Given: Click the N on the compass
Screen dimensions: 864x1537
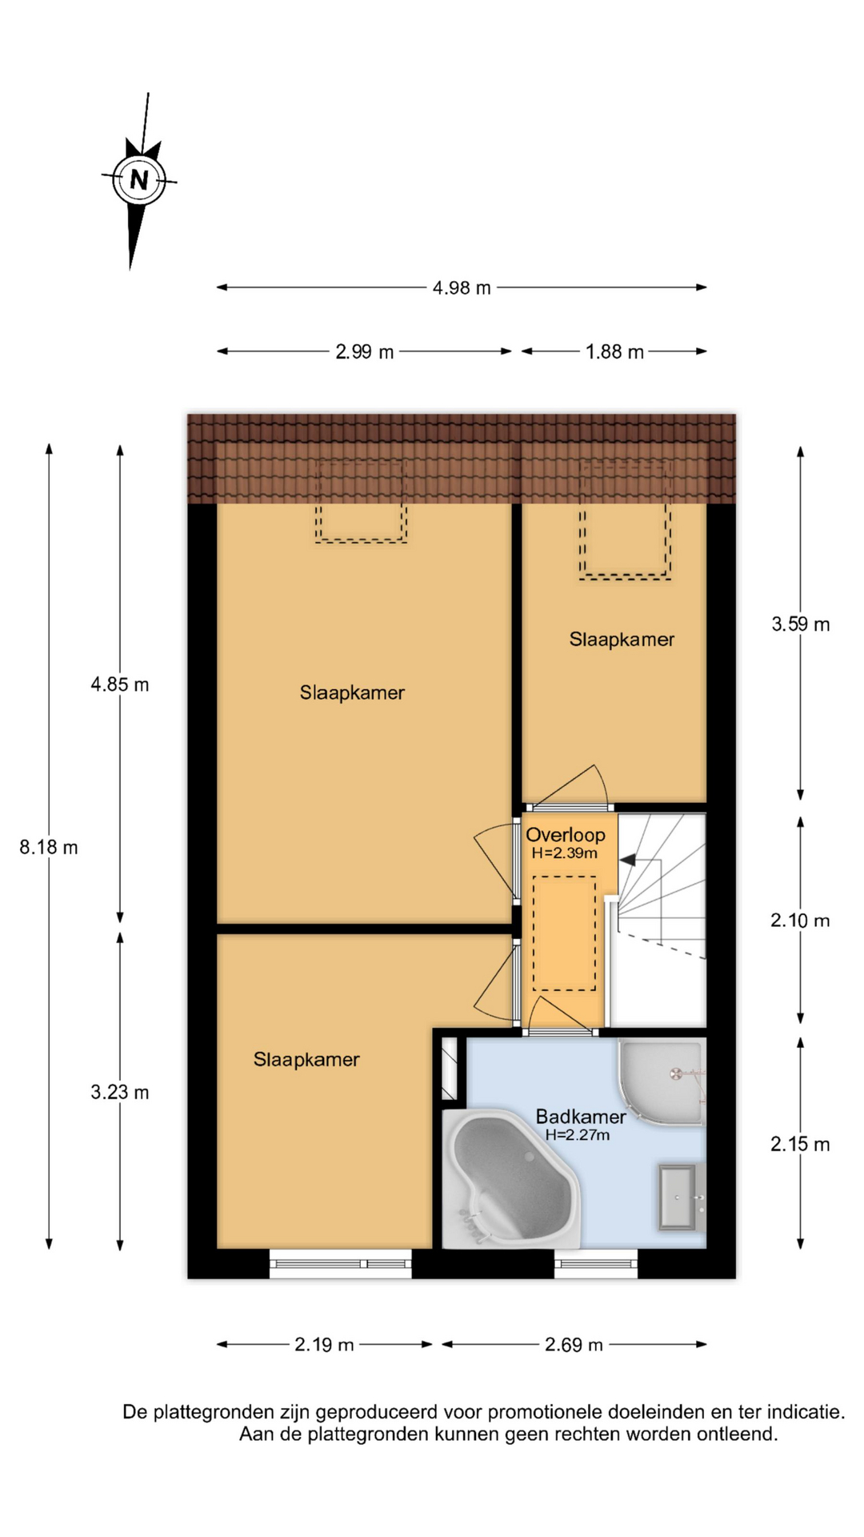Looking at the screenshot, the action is point(139,179).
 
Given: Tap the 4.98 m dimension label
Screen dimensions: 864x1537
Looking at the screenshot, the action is point(462,288).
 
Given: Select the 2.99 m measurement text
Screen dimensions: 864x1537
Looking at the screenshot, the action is point(365,352).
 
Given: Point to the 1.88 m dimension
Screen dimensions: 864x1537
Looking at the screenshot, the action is point(614,352).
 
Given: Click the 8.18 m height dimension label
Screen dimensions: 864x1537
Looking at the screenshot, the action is point(49,847).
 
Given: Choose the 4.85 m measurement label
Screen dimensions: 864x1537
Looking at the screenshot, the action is point(120,684).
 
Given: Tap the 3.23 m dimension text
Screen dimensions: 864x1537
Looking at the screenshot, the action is point(120,1092).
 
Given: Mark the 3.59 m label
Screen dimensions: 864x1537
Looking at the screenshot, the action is point(801,624).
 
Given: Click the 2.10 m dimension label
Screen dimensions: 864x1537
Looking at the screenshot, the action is point(801,921).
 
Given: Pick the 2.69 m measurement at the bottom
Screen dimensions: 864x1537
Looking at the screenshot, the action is point(574,1345).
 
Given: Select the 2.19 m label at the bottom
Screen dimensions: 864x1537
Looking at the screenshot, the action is point(324,1345).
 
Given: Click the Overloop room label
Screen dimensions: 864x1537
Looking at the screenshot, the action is point(566,835).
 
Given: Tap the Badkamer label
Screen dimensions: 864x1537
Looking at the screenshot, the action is point(581,1117).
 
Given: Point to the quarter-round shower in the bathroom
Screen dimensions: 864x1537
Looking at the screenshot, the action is point(662,1081).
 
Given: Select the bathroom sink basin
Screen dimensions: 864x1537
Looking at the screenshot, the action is point(678,1198).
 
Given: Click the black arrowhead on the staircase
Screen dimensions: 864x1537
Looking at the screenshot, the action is point(627,860).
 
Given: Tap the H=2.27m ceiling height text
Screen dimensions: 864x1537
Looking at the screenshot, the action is point(578,1135).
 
